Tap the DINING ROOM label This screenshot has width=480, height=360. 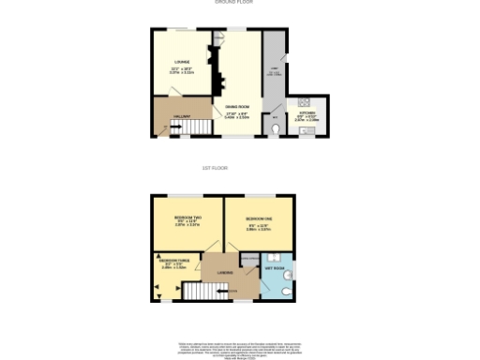tap(236, 107)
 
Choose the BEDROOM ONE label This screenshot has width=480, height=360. tap(258, 218)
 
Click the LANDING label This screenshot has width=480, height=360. tap(225, 273)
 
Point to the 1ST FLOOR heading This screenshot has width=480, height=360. tap(216, 168)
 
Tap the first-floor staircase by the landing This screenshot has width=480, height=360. tap(199, 292)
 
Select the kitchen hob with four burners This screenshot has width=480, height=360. tap(304, 101)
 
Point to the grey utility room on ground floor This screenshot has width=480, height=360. tap(275, 75)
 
